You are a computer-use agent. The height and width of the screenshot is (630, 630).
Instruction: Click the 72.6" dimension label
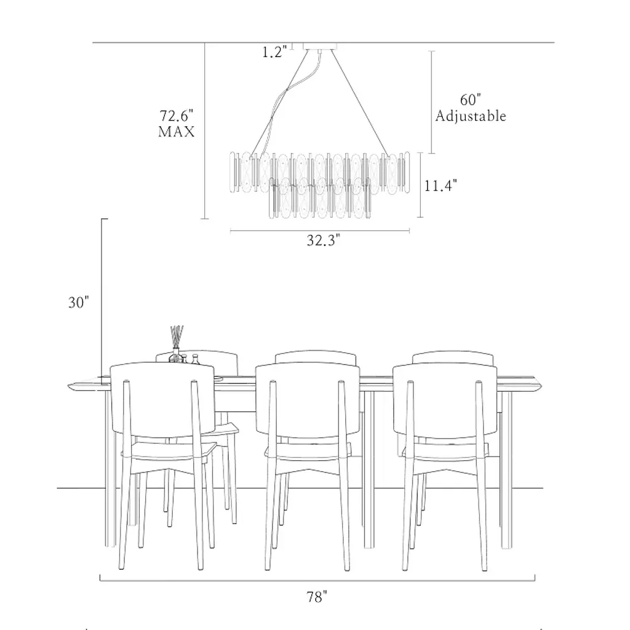pos(177,116)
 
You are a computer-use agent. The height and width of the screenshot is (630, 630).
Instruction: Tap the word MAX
pos(177,132)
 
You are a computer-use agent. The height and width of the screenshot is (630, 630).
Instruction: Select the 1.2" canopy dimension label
pos(275,52)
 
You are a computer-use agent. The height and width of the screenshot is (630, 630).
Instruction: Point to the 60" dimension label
pos(471,100)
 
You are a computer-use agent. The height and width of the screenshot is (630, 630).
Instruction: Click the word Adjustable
pos(471,116)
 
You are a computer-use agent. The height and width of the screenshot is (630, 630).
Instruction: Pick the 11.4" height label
pos(441,186)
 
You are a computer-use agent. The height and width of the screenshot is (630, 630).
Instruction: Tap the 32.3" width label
pos(324,241)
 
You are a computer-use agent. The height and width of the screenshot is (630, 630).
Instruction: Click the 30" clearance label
pos(78,303)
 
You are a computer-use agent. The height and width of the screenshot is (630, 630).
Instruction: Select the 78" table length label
pos(317,597)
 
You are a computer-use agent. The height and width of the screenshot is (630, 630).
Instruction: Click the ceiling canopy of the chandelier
pos(320,46)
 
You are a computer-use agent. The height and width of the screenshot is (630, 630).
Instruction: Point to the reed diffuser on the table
pos(176,344)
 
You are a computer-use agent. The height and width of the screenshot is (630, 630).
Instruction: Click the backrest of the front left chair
pos(162,398)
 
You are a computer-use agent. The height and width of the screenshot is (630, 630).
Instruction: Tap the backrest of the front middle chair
pos(308,399)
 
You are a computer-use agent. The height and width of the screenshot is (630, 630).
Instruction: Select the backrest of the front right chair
pos(445,399)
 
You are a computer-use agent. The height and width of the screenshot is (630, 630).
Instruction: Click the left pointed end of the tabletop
pos(68,386)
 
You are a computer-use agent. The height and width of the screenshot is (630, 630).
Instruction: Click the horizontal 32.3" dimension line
pos(320,231)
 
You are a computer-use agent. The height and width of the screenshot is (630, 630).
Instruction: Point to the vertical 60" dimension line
pos(432,102)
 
